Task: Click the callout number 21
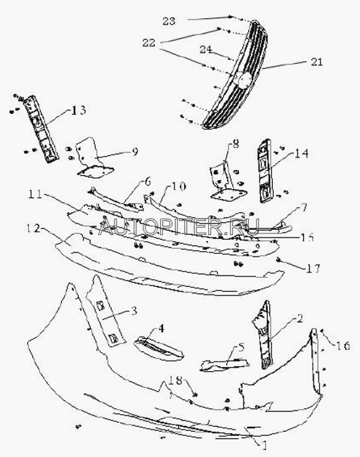pos(317,62)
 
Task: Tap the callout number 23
pos(169,21)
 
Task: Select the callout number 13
pos(79,110)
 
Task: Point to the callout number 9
pos(135,152)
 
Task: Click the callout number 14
pos(302,153)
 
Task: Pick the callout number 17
pos(314,268)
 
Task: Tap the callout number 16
pos(343,346)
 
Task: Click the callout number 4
pos(161,328)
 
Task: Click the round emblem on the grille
pos(244,79)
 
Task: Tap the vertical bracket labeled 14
pos(265,171)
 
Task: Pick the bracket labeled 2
pos(264,335)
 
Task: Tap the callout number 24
pos(206,49)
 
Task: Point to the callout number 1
pos(264,445)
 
